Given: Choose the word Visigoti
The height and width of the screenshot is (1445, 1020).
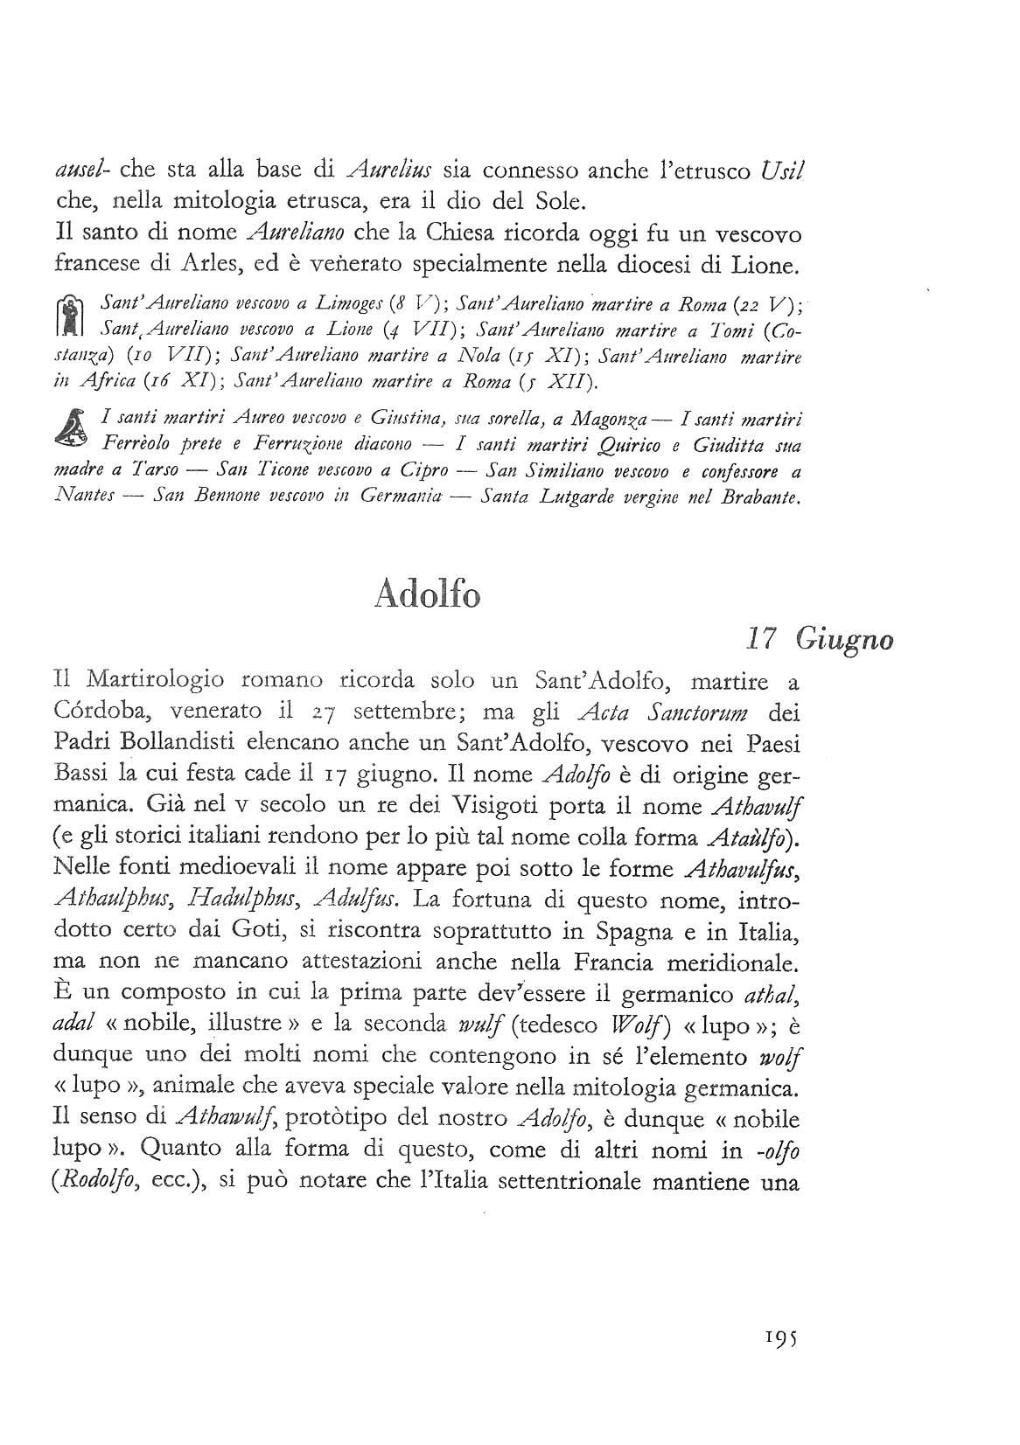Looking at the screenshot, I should pyautogui.click(x=519, y=806).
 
